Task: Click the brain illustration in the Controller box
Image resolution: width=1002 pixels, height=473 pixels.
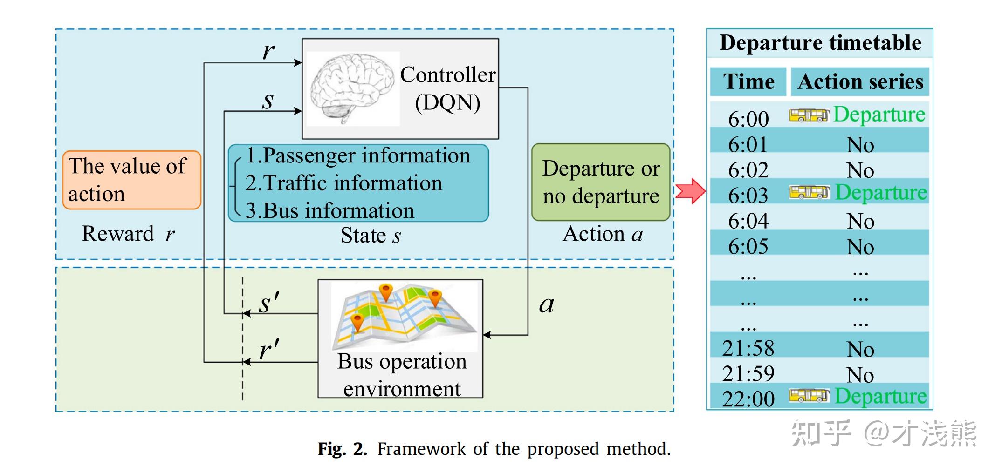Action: pos(353,88)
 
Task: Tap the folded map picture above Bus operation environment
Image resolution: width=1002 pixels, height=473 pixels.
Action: pos(404,317)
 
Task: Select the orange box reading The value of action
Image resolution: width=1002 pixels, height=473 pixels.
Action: pos(131,180)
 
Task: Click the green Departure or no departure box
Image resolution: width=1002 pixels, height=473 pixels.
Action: pos(600,182)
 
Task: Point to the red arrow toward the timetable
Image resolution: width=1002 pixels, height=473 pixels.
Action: pos(690,191)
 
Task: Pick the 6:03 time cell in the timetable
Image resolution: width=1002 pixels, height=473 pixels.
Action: pos(748,195)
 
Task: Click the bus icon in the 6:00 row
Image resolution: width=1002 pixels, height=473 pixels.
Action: pos(809,115)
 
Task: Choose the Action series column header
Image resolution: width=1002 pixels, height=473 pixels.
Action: pos(860,81)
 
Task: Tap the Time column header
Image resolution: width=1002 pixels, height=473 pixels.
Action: pos(748,81)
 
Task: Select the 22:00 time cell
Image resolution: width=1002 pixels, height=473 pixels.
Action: pos(748,399)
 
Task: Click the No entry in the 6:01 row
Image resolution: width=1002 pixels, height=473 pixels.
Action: pos(860,145)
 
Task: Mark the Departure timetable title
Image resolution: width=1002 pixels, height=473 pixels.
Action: pos(820,43)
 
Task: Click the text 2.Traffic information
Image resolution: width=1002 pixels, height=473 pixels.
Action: pos(343,183)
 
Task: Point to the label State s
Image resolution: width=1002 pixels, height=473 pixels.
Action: pos(371,235)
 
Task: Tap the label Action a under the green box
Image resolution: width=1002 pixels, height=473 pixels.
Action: pos(602,234)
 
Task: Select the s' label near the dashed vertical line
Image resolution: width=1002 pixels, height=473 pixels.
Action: pos(269,303)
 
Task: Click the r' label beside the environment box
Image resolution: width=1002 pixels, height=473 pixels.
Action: pos(269,350)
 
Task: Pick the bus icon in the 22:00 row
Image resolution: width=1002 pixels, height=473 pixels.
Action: pos(809,396)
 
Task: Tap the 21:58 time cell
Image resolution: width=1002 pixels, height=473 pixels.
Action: pos(748,348)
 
